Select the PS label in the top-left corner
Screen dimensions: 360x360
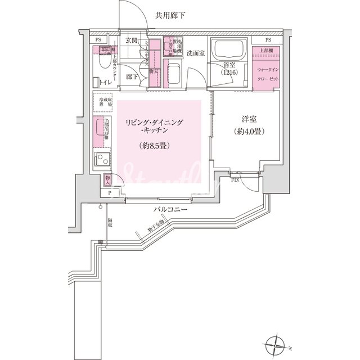coord(98,40)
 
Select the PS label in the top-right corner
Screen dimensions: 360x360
coord(268,40)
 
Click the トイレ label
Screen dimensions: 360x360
coord(105,83)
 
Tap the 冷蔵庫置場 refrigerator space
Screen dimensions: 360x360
coord(102,102)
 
